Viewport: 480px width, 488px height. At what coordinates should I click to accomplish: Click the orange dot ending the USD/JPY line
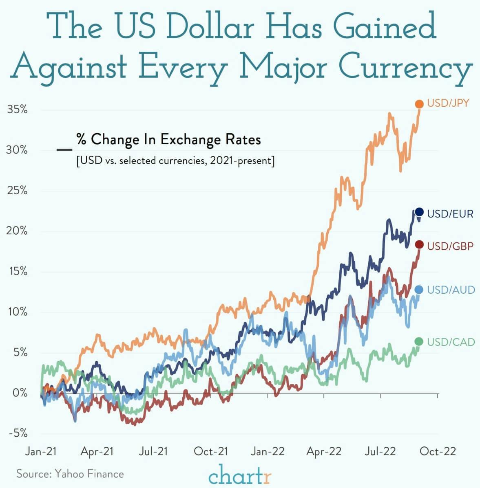tap(419, 104)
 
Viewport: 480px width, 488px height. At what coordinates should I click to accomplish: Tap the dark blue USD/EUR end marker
tap(419, 212)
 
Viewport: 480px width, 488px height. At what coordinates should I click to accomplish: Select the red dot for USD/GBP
tap(419, 245)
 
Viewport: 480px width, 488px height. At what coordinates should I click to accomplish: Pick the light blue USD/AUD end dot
tap(419, 290)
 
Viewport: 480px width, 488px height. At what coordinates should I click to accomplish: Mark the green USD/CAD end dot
tap(419, 341)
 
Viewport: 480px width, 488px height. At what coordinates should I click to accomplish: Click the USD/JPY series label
tap(448, 103)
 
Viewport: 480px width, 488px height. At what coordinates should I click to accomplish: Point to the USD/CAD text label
tap(451, 342)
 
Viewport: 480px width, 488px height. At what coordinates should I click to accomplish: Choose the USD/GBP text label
tap(450, 246)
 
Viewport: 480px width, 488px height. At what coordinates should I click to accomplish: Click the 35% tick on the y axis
tap(17, 110)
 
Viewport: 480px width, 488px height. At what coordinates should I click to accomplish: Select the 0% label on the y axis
tap(20, 393)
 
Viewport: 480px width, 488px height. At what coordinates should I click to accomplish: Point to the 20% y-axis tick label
tap(17, 231)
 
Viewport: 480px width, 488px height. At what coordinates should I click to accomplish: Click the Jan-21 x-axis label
tap(41, 451)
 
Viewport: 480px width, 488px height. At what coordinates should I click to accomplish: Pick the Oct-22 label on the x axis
tap(438, 451)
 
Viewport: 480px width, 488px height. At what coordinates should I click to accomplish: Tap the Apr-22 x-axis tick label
tap(324, 451)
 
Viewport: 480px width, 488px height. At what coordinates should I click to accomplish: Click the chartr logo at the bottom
tap(240, 475)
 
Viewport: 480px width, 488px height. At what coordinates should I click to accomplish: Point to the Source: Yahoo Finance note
tap(70, 474)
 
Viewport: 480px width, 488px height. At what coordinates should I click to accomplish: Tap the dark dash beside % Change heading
tap(64, 150)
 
